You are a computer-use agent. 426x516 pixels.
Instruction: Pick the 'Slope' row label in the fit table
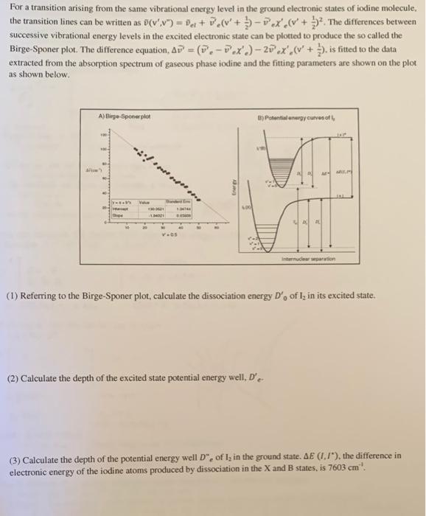(118, 217)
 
